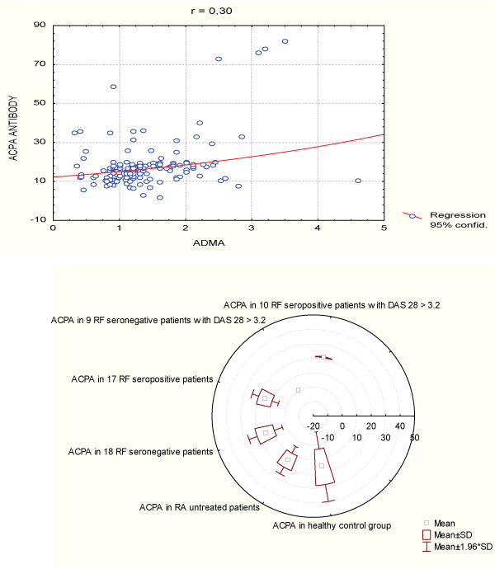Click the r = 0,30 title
click(216, 9)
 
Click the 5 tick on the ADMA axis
click(383, 228)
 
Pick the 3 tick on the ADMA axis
click(251, 228)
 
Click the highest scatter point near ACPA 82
click(285, 41)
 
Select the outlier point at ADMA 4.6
click(357, 181)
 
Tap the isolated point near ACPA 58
click(113, 87)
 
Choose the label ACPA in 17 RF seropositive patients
click(142, 379)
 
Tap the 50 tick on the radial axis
click(414, 438)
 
